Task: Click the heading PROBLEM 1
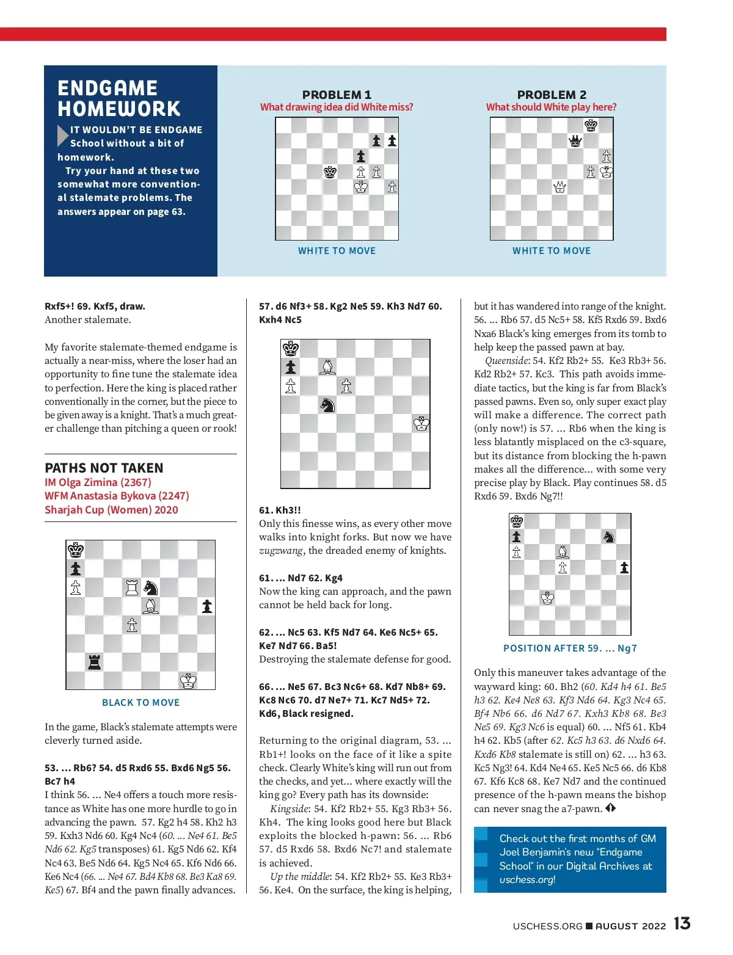[x=337, y=95]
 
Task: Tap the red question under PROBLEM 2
[x=551, y=107]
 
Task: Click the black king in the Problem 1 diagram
[x=330, y=172]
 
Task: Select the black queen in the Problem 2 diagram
[x=575, y=141]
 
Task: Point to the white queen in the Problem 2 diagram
[x=560, y=187]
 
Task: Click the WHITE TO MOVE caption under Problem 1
[x=337, y=250]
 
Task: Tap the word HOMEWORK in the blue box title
[x=119, y=109]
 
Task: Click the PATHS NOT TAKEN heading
[x=104, y=468]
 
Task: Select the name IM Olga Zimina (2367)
[x=98, y=482]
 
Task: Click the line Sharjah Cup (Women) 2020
[x=111, y=510]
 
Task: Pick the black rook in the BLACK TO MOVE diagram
[x=94, y=661]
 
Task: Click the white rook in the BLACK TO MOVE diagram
[x=132, y=587]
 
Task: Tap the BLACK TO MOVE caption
[x=140, y=702]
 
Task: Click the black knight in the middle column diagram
[x=328, y=404]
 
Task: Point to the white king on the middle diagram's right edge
[x=421, y=423]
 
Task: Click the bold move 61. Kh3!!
[x=280, y=510]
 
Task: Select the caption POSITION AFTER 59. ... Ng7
[x=569, y=648]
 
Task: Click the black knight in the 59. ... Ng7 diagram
[x=608, y=536]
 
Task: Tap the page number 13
[x=682, y=923]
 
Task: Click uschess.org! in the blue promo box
[x=527, y=879]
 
